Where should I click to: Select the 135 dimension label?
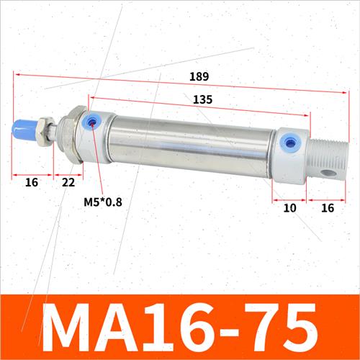202,100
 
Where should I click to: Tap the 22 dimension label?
68,183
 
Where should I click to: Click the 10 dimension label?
289,208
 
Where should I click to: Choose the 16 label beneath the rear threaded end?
326,208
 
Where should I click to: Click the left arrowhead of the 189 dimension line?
14,73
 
